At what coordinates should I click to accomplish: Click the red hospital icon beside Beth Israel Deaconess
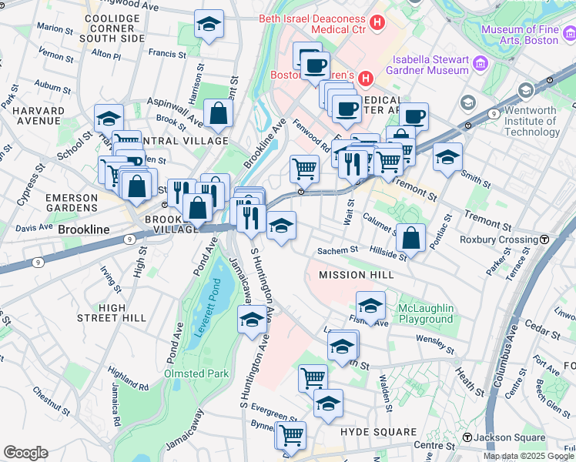tap(377, 23)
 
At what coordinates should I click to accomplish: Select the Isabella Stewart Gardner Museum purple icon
tap(481, 62)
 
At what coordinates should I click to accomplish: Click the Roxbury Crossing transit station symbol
tap(544, 239)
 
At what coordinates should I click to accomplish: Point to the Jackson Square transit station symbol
tap(467, 438)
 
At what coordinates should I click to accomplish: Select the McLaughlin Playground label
tap(425, 313)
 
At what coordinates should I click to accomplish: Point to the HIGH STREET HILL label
tap(112, 313)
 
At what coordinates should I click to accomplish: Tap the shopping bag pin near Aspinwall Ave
tap(219, 113)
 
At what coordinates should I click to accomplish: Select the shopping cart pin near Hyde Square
tap(290, 435)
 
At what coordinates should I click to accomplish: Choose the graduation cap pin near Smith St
tap(447, 157)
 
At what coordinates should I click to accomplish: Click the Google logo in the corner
tap(25, 453)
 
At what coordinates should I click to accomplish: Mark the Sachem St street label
tap(338, 250)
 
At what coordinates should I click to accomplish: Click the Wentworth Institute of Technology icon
tap(526, 91)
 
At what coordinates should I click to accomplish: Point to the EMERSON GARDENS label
tap(72, 203)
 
